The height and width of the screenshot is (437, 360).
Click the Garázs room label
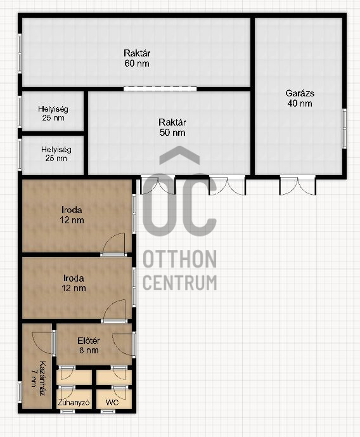[300, 93]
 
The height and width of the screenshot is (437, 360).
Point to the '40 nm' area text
[300, 103]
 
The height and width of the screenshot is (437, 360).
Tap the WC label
[112, 402]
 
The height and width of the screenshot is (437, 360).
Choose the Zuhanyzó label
[74, 402]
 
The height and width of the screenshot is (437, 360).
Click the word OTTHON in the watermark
[179, 259]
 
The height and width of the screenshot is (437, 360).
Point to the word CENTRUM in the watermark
[179, 283]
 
